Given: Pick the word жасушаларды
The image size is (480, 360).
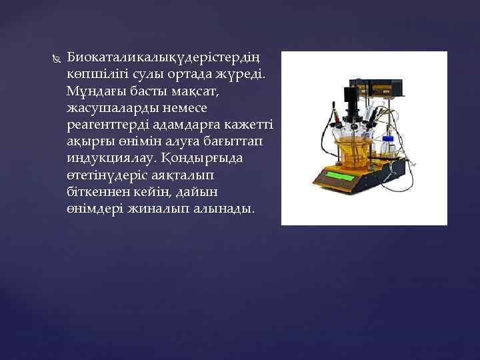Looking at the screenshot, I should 109,107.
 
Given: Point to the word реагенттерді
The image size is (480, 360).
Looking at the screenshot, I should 107,125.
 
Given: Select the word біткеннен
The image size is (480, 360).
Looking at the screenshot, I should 99,193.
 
